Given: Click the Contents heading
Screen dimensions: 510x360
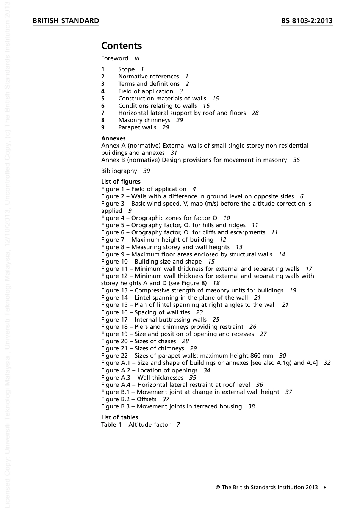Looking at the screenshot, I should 121,46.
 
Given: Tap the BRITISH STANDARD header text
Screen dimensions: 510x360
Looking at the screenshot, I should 66,21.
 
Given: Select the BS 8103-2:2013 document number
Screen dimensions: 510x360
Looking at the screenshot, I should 307,21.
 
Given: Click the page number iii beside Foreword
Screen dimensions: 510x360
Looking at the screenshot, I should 137,58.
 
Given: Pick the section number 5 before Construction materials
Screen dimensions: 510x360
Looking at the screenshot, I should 103,99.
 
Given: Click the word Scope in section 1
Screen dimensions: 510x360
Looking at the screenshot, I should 126,69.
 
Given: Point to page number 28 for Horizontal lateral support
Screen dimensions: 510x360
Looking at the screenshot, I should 255,113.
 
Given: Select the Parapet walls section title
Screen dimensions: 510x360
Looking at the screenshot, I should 137,127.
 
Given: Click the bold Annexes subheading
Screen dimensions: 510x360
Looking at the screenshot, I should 113,138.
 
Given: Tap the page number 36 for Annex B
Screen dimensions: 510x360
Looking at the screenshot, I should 296,160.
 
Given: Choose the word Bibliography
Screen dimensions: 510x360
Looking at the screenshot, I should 119,171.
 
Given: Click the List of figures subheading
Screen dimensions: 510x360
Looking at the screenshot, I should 121,182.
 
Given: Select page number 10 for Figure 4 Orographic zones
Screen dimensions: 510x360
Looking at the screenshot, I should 226,218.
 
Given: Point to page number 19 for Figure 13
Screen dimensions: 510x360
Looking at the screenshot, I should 293,290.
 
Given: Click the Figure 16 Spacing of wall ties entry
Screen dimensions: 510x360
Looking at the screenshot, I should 146,312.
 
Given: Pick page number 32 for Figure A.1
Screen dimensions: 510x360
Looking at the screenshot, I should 327,363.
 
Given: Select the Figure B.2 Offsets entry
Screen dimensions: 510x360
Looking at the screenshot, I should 129,399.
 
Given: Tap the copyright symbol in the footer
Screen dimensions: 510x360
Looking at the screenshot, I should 218,488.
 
